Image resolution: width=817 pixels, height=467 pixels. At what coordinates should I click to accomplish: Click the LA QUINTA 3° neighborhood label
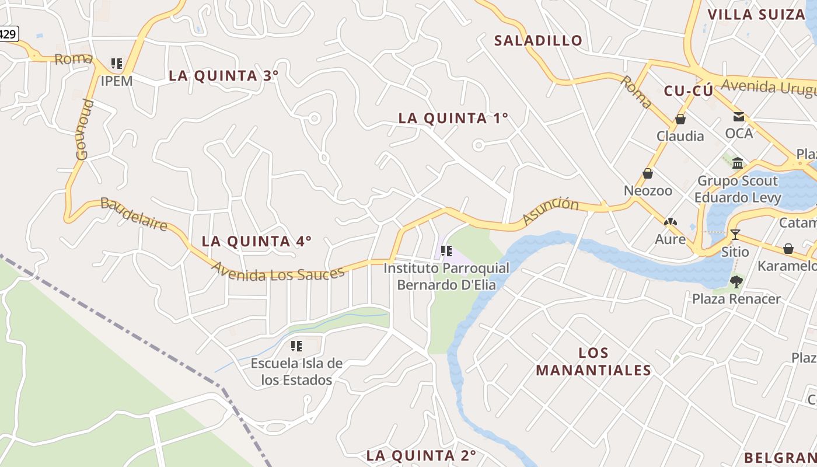click(x=224, y=76)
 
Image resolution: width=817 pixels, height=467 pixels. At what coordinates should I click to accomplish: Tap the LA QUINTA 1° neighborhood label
click(x=453, y=119)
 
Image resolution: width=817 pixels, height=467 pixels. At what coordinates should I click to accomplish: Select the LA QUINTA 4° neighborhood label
click(x=256, y=241)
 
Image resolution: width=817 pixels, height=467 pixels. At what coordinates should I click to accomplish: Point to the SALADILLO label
click(x=538, y=40)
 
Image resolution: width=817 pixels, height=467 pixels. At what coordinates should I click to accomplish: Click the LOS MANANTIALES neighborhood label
click(x=593, y=361)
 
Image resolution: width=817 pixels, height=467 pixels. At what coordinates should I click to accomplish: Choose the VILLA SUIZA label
click(x=756, y=15)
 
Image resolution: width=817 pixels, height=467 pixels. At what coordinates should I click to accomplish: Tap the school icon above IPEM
click(x=117, y=63)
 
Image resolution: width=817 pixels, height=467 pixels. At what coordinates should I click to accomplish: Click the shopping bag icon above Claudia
click(x=680, y=120)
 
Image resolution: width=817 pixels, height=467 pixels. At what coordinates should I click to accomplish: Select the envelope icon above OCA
click(x=739, y=117)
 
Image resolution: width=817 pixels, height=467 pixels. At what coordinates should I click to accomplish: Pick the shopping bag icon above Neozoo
click(x=648, y=173)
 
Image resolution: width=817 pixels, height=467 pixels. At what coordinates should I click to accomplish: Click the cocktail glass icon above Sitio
click(x=735, y=235)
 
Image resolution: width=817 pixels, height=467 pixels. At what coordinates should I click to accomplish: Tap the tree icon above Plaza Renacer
click(x=736, y=282)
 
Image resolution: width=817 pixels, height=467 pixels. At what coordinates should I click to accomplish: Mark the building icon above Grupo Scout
click(x=738, y=163)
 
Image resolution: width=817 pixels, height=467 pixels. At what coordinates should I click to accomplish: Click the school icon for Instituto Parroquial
click(x=446, y=251)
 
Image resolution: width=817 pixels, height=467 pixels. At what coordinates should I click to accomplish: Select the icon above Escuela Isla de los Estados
click(x=296, y=346)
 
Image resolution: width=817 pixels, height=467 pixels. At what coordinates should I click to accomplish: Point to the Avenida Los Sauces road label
click(x=278, y=273)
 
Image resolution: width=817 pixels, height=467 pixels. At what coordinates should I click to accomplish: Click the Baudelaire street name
click(x=134, y=214)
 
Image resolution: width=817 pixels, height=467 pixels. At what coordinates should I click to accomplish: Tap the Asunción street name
click(x=550, y=211)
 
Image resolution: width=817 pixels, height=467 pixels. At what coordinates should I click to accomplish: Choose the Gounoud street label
click(x=83, y=130)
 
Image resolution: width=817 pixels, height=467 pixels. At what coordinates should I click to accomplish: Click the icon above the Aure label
click(x=671, y=222)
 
